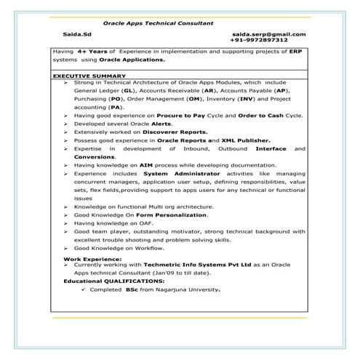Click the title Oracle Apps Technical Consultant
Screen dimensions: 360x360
[158, 23]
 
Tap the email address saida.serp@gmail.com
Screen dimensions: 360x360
[269, 34]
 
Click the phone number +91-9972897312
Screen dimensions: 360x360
[275, 41]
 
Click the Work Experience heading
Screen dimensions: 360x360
[89, 258]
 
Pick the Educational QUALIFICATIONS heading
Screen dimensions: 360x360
[113, 280]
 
